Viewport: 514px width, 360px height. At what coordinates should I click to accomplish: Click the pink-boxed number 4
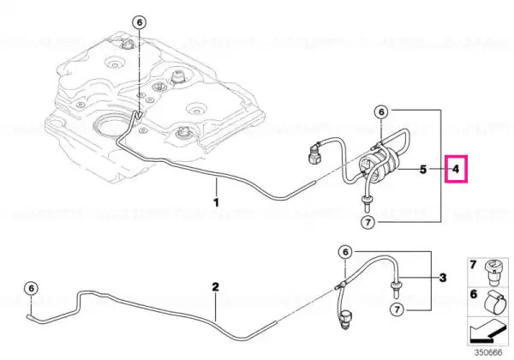(456, 169)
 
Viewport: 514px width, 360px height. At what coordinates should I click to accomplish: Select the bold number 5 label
(423, 170)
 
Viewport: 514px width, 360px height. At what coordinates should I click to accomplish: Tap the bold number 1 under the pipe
(216, 202)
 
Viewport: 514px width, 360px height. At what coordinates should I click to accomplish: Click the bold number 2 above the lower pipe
(215, 287)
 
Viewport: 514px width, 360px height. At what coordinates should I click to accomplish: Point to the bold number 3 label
(443, 278)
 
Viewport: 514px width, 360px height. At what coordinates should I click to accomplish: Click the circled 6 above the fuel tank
(140, 22)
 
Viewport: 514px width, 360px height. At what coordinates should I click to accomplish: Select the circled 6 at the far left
(31, 288)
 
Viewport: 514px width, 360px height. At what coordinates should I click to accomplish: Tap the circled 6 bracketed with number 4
(381, 112)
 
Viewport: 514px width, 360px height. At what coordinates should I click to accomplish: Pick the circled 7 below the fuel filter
(368, 223)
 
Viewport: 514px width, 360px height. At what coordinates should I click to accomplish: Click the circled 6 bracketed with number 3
(345, 252)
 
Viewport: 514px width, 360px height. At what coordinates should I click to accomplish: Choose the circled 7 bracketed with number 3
(397, 309)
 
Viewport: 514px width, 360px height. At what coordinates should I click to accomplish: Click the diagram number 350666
(488, 353)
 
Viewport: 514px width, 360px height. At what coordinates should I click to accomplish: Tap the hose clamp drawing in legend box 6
(495, 302)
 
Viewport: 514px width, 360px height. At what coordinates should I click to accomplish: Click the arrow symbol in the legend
(487, 331)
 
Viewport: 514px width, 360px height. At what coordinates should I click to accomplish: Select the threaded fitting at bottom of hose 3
(345, 320)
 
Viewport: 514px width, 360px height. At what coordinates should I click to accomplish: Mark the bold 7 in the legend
(473, 265)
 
